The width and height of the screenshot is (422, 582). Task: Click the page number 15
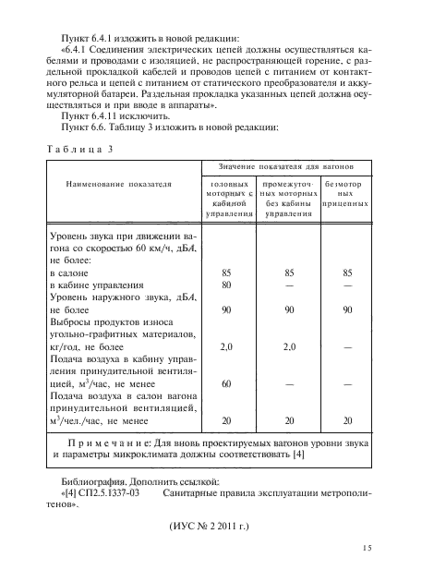[367, 548]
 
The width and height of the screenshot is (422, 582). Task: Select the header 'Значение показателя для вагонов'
[281, 166]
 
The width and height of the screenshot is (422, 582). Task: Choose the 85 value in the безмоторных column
[347, 273]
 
